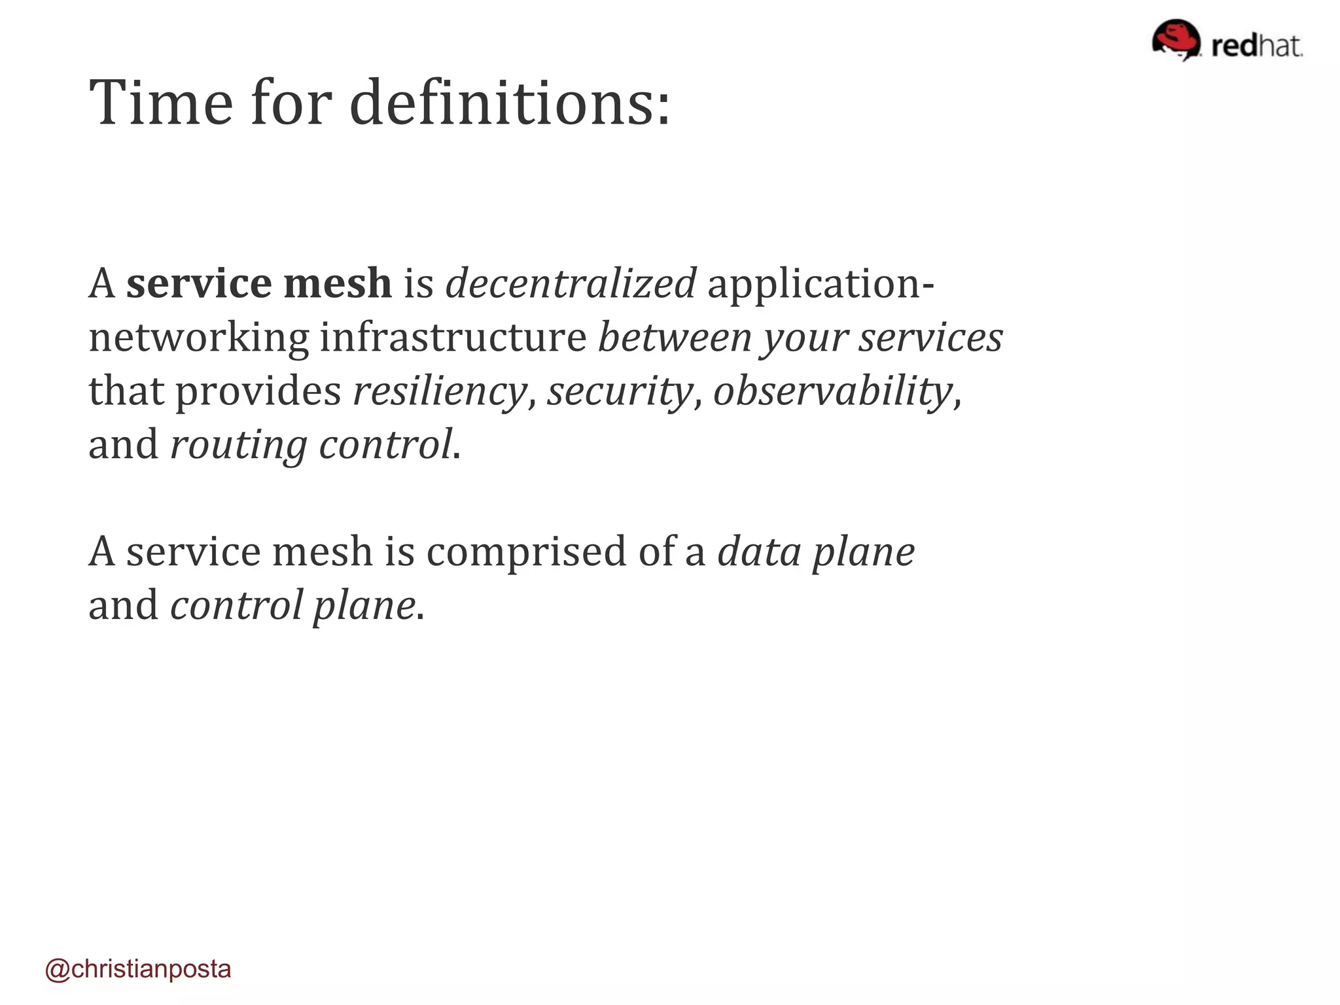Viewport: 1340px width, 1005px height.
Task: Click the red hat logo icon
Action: [x=1176, y=40]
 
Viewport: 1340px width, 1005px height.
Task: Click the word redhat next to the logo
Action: [x=1256, y=46]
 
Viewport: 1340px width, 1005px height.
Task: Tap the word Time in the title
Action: [x=161, y=103]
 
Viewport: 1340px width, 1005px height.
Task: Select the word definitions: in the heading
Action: [x=510, y=103]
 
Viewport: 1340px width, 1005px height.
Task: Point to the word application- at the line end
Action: [x=820, y=285]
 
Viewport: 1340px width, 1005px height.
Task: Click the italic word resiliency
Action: [x=440, y=391]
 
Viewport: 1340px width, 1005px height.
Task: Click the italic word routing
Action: [x=239, y=446]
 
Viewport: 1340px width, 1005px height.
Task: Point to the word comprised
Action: [x=527, y=552]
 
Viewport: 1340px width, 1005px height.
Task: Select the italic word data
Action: [x=759, y=552]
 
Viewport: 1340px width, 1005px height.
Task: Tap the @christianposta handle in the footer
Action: [x=138, y=969]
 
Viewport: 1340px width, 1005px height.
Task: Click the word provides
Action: [x=258, y=391]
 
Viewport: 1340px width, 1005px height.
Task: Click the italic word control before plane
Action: [x=237, y=605]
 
